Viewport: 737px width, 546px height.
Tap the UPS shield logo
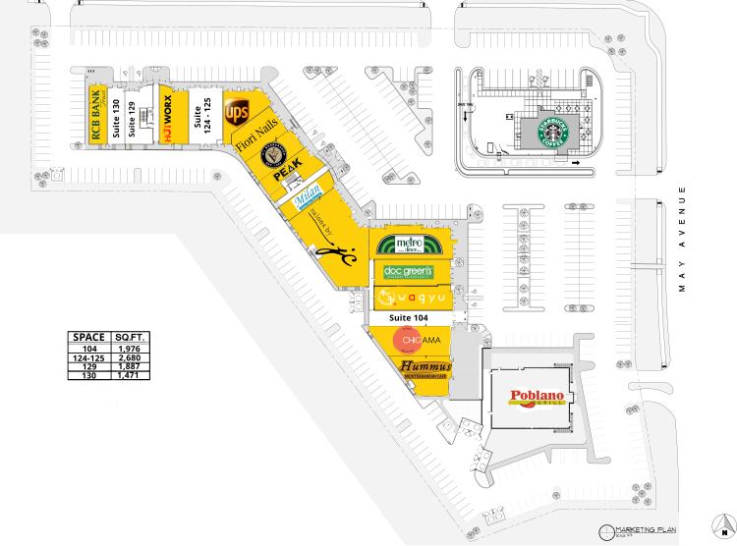237,113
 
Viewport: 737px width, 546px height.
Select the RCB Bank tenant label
97,118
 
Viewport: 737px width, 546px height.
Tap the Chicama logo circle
406,340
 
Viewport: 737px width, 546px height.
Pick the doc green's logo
409,271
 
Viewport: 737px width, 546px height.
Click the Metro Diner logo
411,244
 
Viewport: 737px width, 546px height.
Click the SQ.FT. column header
130,337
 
